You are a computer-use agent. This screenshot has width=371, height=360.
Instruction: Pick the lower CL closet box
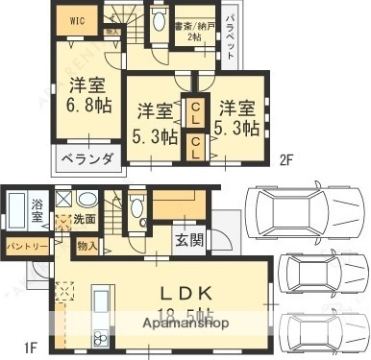pyautogui.click(x=195, y=146)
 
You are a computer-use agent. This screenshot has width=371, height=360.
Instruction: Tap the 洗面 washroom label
pyautogui.click(x=85, y=220)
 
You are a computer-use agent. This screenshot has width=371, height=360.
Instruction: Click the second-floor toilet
pyautogui.click(x=158, y=23)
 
